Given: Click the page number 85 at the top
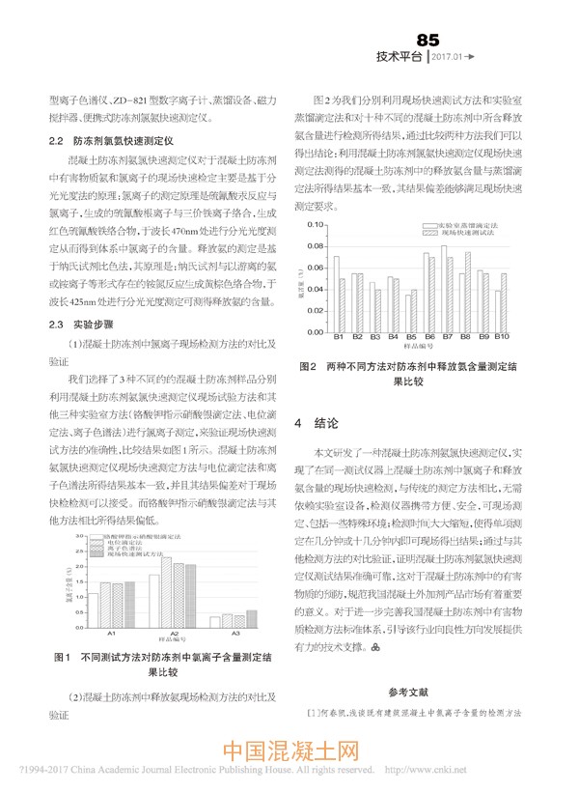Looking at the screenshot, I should (427, 40).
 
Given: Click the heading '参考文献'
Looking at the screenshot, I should (410, 692).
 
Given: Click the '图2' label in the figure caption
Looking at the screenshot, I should (309, 367).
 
